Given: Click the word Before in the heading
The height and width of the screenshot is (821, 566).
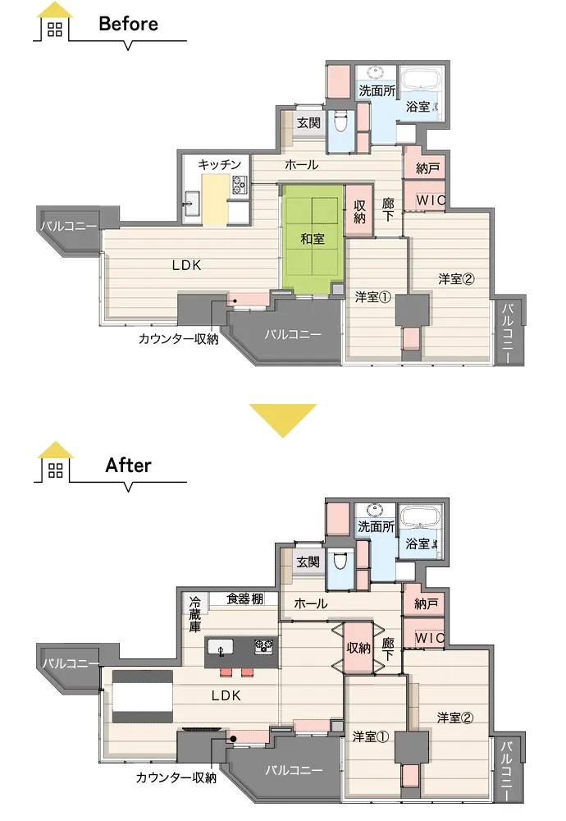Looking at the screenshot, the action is pos(128,24).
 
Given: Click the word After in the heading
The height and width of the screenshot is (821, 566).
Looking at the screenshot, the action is pos(128,465).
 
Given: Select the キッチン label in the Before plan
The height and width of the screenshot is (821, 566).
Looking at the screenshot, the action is pos(220,164).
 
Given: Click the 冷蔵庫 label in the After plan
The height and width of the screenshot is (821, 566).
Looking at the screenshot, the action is pos(194,614).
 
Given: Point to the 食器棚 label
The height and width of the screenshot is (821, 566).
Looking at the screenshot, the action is pos(244,599).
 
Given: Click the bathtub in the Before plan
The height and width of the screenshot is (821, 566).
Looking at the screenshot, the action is pos(421,83).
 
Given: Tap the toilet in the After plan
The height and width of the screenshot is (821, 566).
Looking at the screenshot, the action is pos(340,562).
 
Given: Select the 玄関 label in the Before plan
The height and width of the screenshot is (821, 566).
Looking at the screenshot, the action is pos(308,123).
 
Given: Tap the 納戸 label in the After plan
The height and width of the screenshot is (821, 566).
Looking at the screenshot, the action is pos(427,604).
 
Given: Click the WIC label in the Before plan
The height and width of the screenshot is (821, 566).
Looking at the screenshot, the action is pos(431,200).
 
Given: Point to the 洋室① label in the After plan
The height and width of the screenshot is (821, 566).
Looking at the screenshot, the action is pos(370,737).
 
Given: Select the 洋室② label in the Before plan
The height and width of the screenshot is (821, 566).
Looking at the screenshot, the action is pos(457,279).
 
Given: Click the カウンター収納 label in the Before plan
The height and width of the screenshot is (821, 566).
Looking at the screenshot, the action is pos(178,339).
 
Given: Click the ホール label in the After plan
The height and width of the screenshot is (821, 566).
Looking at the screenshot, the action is pos(311,603).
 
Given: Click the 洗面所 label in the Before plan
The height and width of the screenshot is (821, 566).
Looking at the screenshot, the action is pos(377,91).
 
